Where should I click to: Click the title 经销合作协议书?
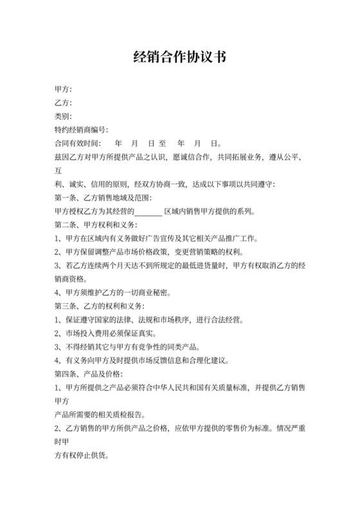pos(179,57)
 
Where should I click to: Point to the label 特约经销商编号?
pos(81,129)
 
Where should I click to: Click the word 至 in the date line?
pos(163,143)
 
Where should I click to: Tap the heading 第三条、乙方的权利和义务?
pos(100,305)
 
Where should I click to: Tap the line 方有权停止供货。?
pos(81,454)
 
